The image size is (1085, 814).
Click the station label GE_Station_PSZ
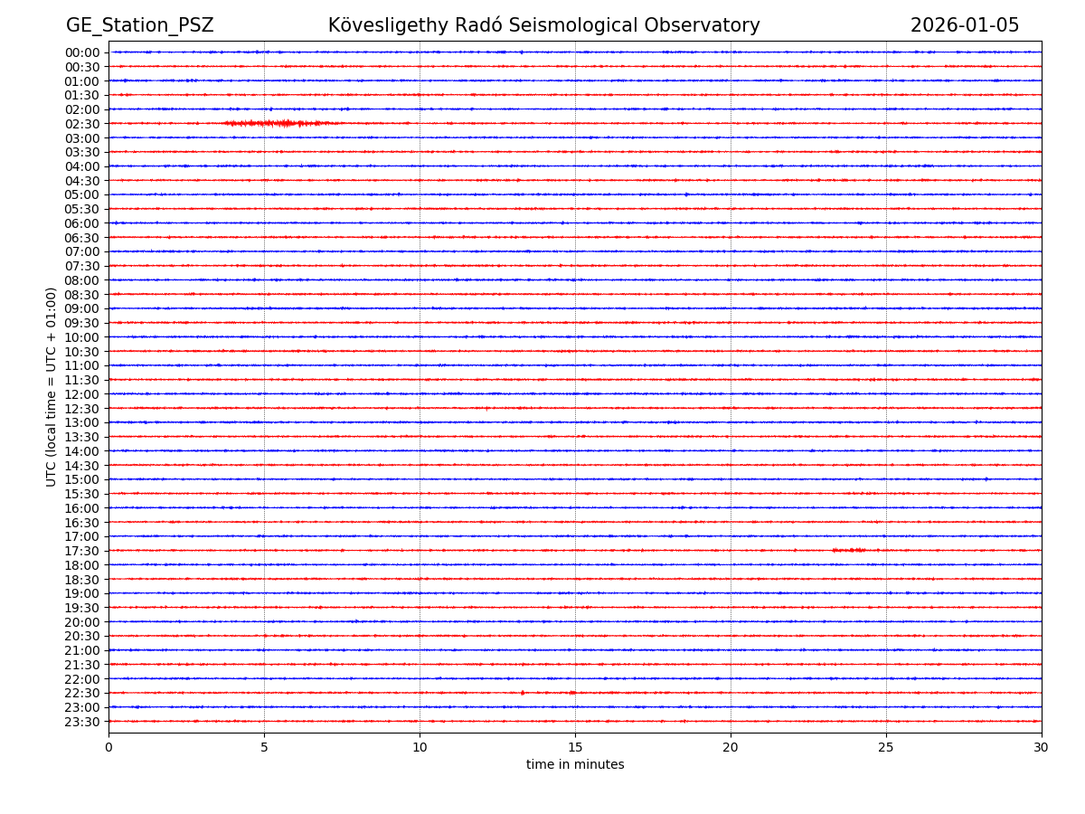[139, 25]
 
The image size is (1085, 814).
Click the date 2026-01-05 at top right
[964, 25]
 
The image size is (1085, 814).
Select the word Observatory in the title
[706, 25]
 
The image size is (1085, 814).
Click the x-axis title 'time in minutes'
[575, 765]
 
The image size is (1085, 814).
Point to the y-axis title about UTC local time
[52, 386]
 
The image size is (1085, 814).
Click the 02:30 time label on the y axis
[82, 124]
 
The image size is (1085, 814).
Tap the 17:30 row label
[82, 551]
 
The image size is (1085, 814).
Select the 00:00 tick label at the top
[82, 52]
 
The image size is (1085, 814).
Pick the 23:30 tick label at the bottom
[82, 722]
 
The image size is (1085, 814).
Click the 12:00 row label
[82, 394]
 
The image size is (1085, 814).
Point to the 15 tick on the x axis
[575, 747]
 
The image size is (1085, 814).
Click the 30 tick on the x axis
[1042, 747]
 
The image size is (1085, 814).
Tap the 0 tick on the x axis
[108, 747]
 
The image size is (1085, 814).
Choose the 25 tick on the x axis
[886, 747]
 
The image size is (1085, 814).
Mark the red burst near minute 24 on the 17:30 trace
[850, 550]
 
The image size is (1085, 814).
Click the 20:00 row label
[82, 622]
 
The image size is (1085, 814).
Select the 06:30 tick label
[82, 238]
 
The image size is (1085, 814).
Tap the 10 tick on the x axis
[420, 747]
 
